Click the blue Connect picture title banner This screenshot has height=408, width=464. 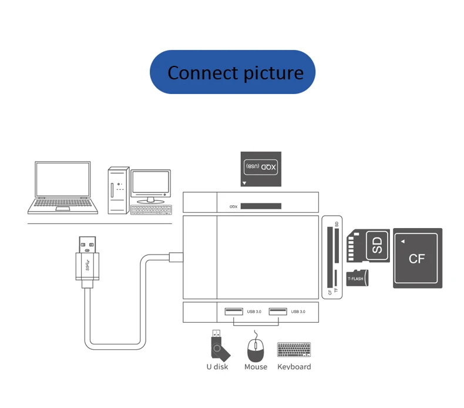tap(233, 72)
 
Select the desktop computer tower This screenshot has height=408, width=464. tap(117, 190)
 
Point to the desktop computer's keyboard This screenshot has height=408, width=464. tap(152, 209)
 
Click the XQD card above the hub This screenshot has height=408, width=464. tap(261, 169)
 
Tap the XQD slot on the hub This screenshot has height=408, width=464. tap(261, 206)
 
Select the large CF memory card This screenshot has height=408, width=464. tap(417, 258)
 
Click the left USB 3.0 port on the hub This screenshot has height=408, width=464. tap(233, 311)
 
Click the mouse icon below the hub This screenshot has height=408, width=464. tap(255, 348)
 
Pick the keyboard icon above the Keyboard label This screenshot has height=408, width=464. tap(294, 349)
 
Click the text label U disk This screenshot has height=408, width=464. tap(217, 367)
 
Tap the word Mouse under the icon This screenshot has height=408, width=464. tap(255, 367)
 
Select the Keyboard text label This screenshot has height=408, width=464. tap(294, 367)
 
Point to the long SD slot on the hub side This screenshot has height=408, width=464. tap(329, 246)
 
